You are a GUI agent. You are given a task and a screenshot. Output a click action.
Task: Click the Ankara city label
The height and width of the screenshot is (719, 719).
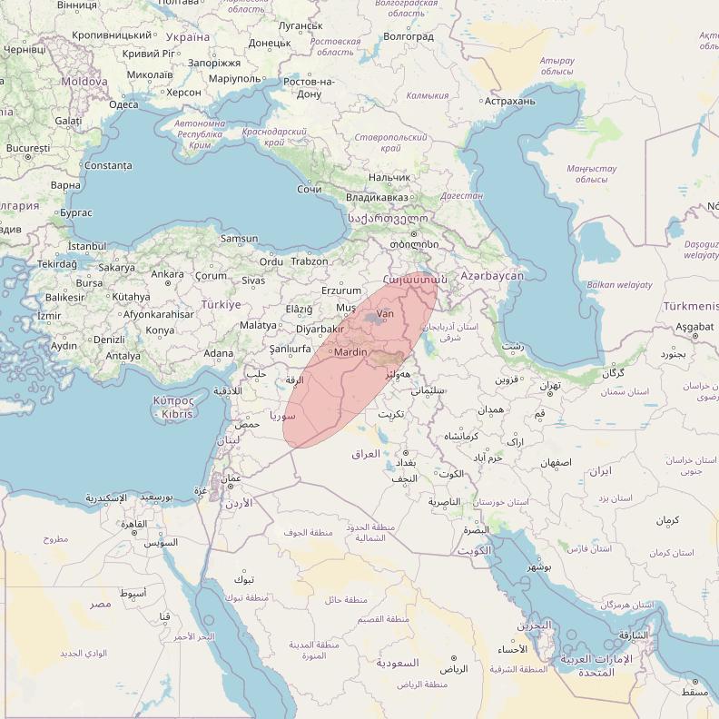click(167, 274)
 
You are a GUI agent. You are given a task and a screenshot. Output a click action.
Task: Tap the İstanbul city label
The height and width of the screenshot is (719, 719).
click(87, 246)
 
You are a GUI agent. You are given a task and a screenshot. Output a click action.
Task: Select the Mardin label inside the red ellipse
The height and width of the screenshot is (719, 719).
click(350, 352)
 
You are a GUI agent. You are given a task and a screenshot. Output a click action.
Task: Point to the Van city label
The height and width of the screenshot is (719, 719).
click(385, 313)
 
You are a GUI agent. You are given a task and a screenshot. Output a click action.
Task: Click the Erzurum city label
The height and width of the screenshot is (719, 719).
click(341, 291)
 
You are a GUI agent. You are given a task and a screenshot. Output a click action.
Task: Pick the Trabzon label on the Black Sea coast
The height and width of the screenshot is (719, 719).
click(309, 261)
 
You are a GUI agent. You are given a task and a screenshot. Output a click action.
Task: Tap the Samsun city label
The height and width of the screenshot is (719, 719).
click(239, 239)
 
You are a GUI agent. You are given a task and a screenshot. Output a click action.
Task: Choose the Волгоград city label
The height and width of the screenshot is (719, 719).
click(409, 36)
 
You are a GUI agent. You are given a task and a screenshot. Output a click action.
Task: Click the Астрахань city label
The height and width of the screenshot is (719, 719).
click(510, 101)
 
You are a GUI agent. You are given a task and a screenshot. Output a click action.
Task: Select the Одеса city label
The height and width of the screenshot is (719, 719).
click(123, 104)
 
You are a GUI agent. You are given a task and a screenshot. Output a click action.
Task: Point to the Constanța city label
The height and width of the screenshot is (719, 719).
click(107, 166)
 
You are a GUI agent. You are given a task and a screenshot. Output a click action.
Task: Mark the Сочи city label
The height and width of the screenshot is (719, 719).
click(309, 189)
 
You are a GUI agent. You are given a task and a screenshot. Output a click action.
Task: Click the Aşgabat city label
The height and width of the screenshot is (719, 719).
click(694, 327)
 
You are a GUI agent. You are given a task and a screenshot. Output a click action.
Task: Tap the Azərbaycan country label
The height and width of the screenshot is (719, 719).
click(492, 275)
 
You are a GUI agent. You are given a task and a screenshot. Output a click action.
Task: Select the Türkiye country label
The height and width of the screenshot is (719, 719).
click(221, 305)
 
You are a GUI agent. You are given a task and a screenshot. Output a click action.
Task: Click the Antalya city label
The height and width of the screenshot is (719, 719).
click(123, 356)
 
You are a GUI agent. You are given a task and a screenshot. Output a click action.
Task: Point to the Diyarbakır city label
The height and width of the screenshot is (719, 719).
click(320, 330)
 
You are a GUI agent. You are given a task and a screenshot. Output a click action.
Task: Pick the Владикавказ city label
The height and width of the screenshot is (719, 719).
click(377, 197)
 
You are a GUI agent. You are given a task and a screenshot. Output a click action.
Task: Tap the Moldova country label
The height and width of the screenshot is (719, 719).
click(84, 82)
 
